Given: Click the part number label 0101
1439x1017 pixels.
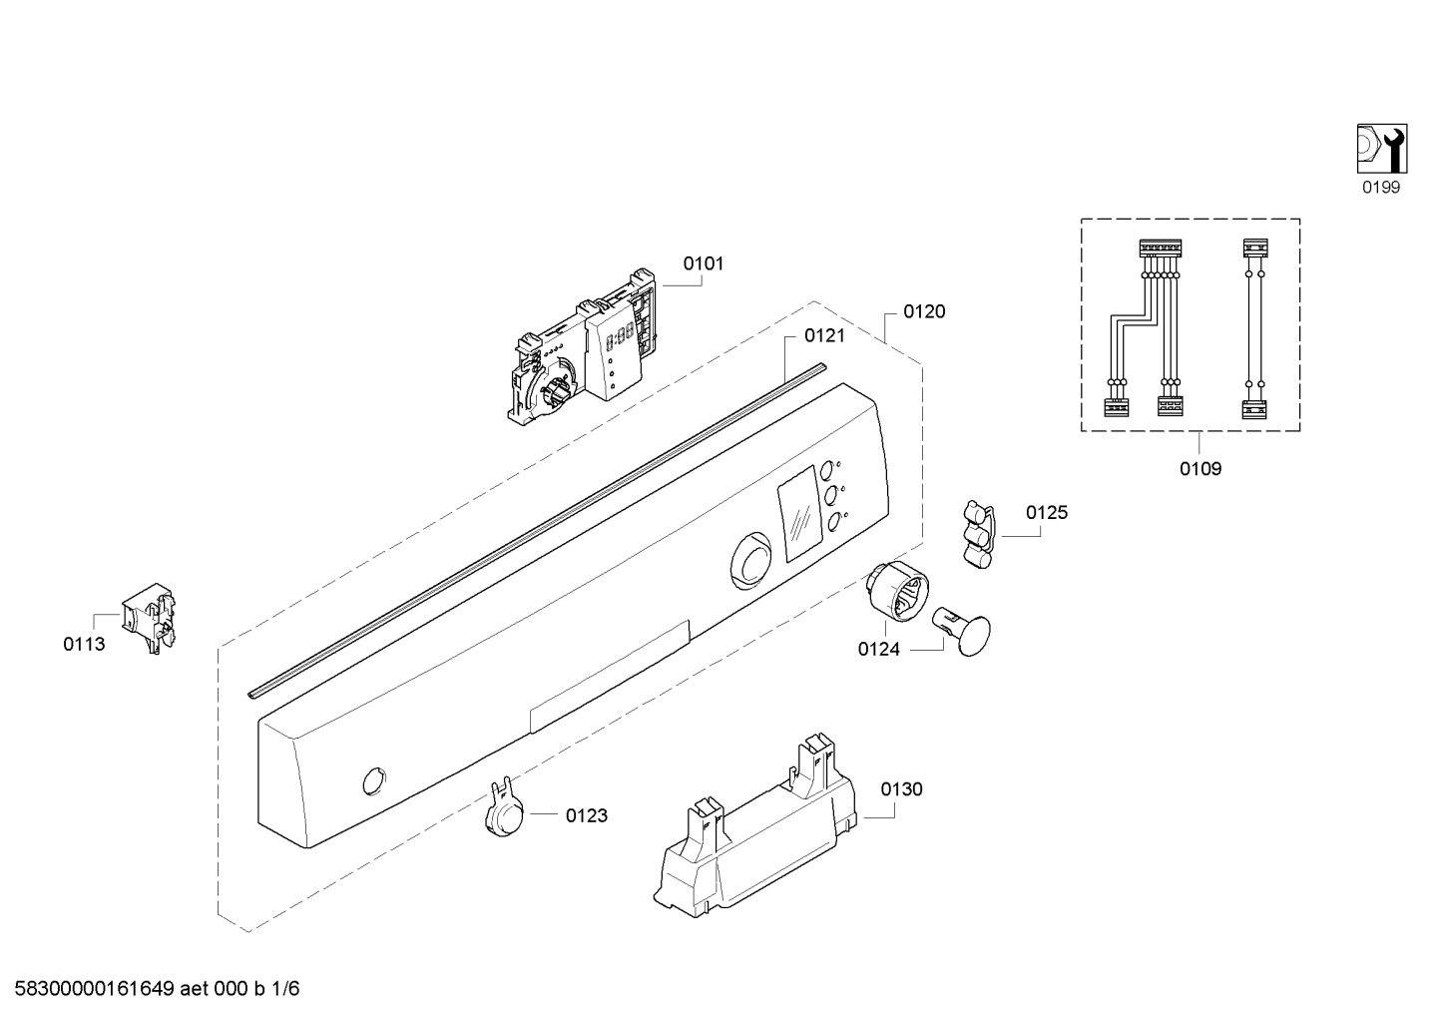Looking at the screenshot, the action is coord(703,263).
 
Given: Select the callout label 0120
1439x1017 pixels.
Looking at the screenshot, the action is coord(924,311).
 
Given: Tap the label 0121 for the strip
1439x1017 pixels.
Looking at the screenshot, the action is coord(825,335).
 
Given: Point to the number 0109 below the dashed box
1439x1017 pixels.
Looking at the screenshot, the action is coord(1200,469).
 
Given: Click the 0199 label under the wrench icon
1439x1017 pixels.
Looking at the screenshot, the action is coord(1381,188).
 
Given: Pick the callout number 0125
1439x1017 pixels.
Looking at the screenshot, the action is coord(1047,513).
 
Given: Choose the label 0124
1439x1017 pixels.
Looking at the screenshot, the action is coord(879,650).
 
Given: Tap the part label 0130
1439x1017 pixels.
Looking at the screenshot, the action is coord(901,788).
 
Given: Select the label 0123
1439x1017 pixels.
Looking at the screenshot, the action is coord(587,816).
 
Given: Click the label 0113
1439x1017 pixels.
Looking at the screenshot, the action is coord(84,644).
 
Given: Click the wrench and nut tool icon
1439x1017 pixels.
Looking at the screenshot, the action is coord(1382,149).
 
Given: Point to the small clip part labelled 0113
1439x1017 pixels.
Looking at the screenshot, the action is coord(149,618).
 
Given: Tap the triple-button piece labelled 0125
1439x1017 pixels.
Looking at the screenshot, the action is coord(978,535).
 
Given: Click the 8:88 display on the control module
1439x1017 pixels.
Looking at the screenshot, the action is coord(620,334).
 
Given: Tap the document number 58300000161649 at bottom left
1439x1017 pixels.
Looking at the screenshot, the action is coord(95,989).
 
